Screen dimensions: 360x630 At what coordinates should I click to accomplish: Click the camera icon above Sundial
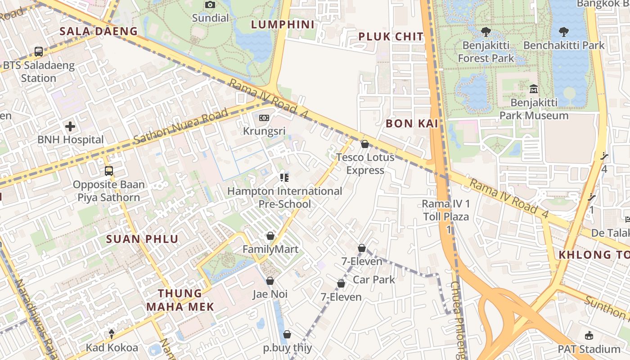pyautogui.click(x=210, y=5)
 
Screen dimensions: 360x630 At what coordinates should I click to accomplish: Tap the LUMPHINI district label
pyautogui.click(x=283, y=24)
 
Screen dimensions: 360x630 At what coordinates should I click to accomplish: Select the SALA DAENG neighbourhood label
pyautogui.click(x=99, y=31)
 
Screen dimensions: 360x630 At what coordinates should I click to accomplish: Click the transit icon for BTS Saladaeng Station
pyautogui.click(x=39, y=52)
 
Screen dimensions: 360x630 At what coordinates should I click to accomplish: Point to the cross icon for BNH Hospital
pyautogui.click(x=70, y=126)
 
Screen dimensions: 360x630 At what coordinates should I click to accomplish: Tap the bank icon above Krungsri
pyautogui.click(x=264, y=118)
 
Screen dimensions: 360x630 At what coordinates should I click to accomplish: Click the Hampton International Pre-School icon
pyautogui.click(x=284, y=178)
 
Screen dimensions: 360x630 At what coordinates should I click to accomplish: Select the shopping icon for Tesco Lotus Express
pyautogui.click(x=365, y=144)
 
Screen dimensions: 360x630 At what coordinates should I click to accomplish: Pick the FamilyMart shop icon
pyautogui.click(x=270, y=236)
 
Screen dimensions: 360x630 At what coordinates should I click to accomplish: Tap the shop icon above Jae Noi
pyautogui.click(x=270, y=281)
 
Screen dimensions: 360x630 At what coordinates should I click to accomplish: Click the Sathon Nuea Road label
pyautogui.click(x=181, y=127)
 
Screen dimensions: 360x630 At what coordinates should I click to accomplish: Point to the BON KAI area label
pyautogui.click(x=412, y=123)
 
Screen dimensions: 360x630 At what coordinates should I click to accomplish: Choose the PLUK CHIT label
pyautogui.click(x=391, y=37)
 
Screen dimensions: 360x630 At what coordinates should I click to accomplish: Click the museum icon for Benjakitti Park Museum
pyautogui.click(x=534, y=89)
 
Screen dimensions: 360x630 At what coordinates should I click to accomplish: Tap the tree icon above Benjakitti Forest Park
pyautogui.click(x=486, y=32)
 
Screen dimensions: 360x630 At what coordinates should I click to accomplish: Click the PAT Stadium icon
pyautogui.click(x=589, y=336)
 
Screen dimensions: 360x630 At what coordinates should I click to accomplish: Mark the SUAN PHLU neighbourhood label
pyautogui.click(x=142, y=239)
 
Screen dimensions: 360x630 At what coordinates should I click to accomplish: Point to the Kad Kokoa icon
pyautogui.click(x=112, y=334)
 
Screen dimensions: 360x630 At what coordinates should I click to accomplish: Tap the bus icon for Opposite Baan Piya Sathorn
pyautogui.click(x=109, y=171)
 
